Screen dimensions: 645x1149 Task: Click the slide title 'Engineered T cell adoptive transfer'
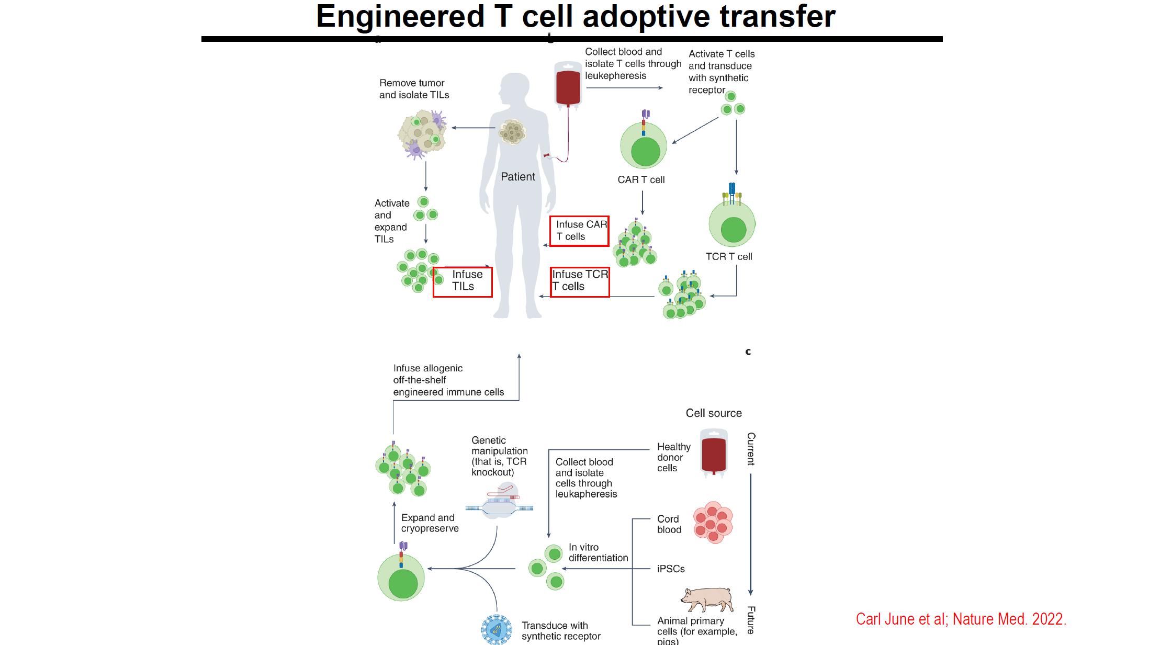576,17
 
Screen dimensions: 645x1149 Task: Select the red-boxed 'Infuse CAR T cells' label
580,231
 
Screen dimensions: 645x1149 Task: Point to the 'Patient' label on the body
517,177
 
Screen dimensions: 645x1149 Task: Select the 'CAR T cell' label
641,180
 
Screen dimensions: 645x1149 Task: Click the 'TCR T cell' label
729,257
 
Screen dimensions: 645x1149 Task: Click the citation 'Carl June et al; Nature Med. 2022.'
961,619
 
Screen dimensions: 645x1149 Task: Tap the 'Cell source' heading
714,413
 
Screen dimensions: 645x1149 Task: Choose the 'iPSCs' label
671,569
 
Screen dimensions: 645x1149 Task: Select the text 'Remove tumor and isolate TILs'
414,89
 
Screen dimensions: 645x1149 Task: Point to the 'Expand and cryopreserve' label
430,523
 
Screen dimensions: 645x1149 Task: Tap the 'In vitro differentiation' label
598,552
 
